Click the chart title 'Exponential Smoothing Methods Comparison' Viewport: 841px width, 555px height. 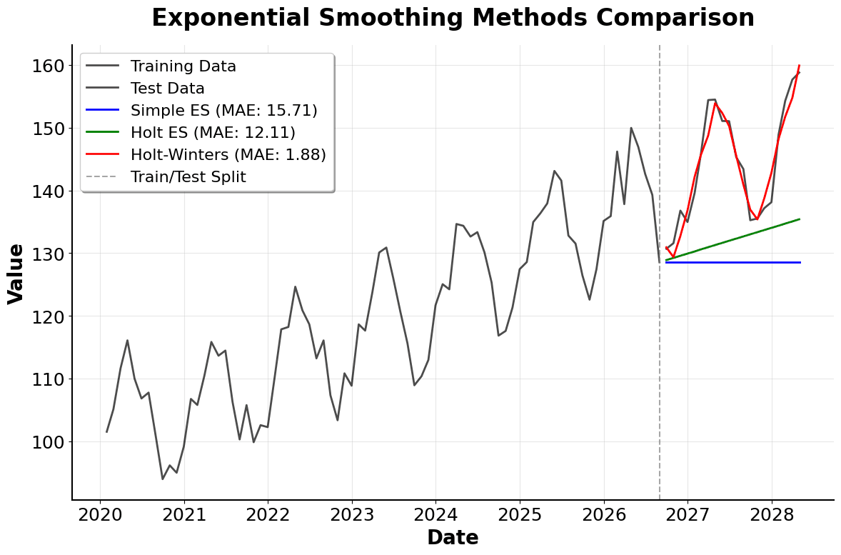point(453,18)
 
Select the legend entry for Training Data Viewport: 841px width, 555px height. point(183,66)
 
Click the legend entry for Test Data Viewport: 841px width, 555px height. point(167,89)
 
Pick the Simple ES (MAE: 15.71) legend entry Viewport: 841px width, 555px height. point(223,111)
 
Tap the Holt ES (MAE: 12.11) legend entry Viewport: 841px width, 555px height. point(213,133)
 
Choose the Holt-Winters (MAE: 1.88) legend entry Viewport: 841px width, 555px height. point(228,155)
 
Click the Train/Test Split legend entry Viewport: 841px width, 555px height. point(188,177)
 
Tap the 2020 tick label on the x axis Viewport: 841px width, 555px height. point(100,516)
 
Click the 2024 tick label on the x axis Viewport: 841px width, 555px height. point(435,516)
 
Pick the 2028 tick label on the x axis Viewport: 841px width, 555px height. point(772,516)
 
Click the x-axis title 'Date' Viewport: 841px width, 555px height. point(453,538)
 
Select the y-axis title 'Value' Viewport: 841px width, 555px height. point(16,274)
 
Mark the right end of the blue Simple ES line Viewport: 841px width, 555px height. point(800,262)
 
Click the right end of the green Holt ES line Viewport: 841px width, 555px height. point(799,219)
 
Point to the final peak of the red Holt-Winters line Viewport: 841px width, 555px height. point(799,66)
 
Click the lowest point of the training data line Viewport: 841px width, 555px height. point(163,479)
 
